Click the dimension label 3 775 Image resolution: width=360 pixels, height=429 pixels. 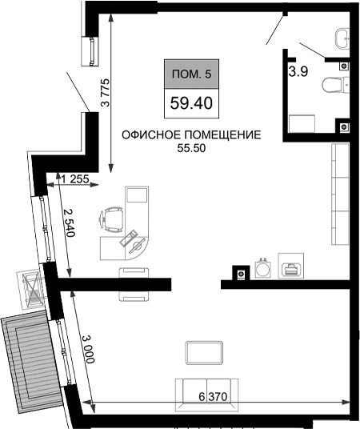tap(106, 93)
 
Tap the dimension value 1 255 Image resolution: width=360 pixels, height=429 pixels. tap(75, 179)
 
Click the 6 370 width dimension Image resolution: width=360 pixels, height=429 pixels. tap(213, 396)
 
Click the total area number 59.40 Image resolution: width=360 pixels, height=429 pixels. tap(191, 103)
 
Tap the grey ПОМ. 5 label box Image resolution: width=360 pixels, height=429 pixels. tap(191, 74)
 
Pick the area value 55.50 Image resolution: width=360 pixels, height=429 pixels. tap(191, 148)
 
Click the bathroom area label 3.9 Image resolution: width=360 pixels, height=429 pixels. tap(298, 71)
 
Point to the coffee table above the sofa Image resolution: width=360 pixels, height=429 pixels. tap(204, 353)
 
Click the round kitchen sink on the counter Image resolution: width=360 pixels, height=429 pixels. tap(262, 268)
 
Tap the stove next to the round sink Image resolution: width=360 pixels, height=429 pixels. tap(291, 266)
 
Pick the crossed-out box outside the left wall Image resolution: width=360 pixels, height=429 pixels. tap(30, 290)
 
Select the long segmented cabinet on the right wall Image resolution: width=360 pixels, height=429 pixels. tap(340, 194)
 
